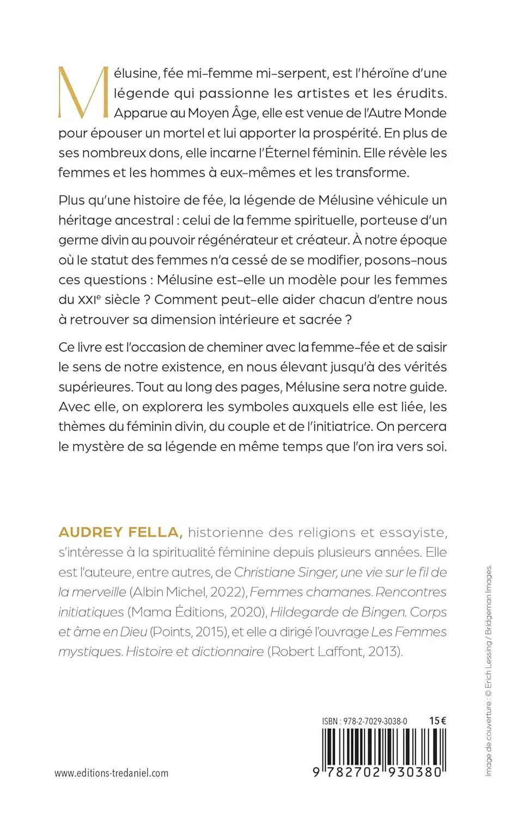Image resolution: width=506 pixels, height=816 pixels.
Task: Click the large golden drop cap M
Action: click(83, 92)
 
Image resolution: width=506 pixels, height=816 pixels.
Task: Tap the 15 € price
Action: click(437, 721)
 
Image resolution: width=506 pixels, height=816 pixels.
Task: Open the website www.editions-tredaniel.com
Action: click(111, 773)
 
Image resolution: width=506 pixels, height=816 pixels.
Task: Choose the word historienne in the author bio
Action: click(229, 533)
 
